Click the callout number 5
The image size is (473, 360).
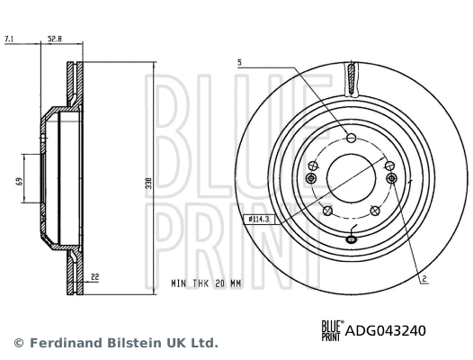[x=240, y=63]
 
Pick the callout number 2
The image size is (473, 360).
[x=423, y=280]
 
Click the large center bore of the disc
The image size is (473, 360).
[x=351, y=176]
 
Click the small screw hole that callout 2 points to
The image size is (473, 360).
[x=392, y=178]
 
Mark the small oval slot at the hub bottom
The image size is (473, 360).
[x=351, y=240]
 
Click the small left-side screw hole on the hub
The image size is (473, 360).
[x=310, y=178]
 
